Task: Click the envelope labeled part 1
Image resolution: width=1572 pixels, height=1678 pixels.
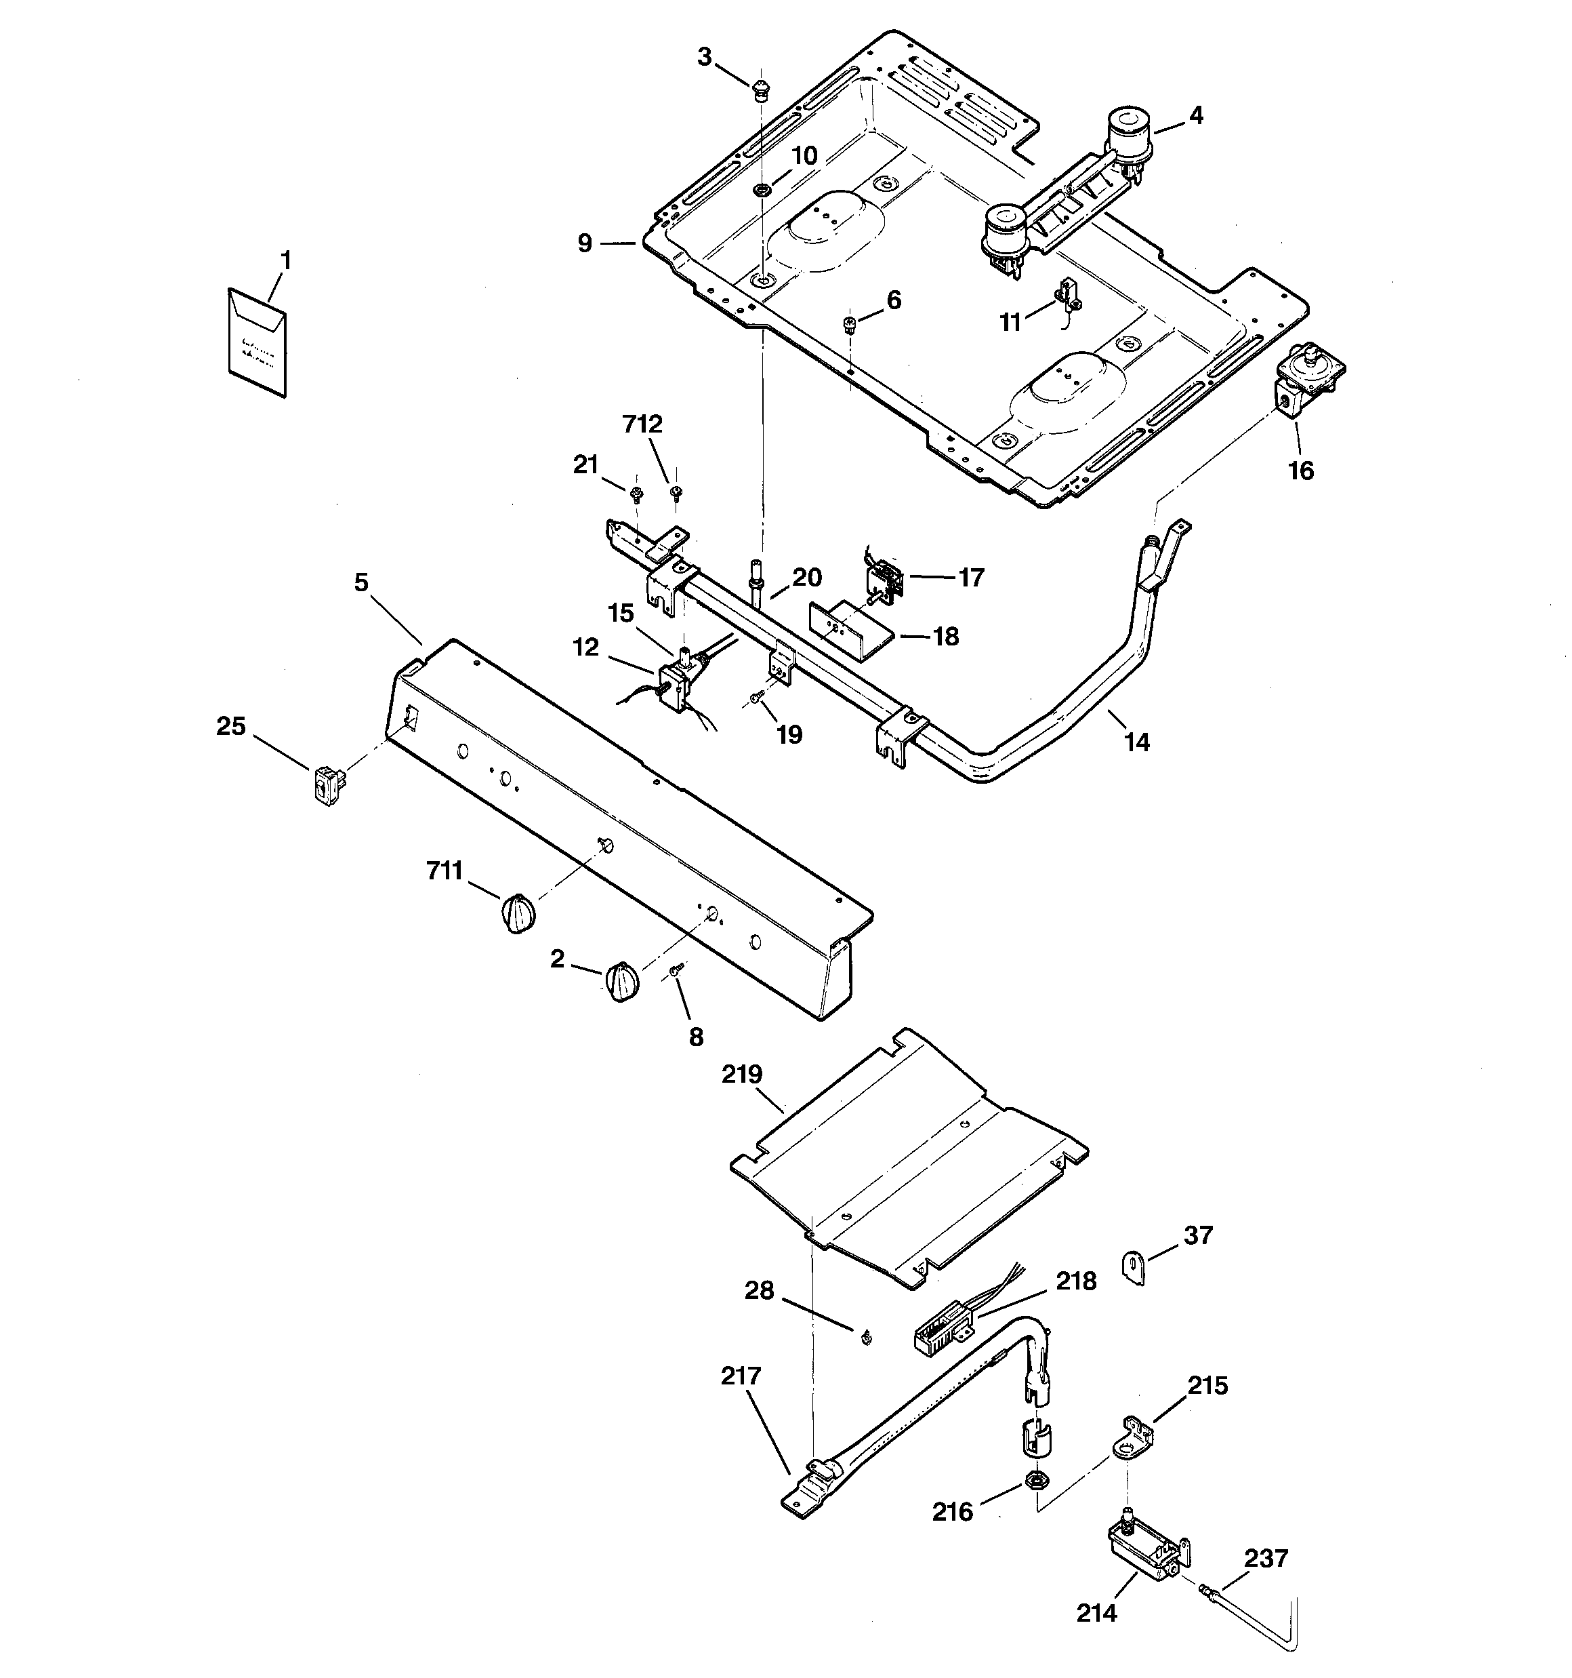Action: (x=257, y=342)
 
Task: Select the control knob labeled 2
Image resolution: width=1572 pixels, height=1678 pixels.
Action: (x=620, y=982)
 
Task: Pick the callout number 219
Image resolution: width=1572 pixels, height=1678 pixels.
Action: (x=742, y=1075)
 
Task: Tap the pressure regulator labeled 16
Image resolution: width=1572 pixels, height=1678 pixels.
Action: (x=1306, y=380)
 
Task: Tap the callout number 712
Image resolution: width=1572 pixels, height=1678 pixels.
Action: (x=642, y=424)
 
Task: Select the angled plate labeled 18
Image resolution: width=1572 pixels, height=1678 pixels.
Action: (x=850, y=626)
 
